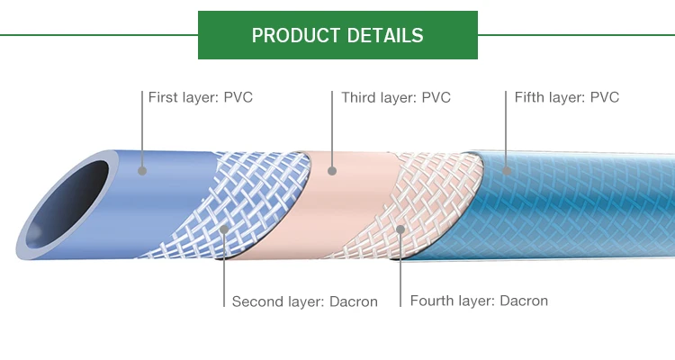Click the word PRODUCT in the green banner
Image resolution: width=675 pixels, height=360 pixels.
(292, 36)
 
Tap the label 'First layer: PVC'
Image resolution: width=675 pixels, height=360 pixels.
(200, 97)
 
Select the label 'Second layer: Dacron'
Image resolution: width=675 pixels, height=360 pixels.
(304, 301)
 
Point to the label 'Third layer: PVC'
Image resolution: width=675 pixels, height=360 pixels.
(396, 97)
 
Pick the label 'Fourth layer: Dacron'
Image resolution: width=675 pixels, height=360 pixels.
(479, 301)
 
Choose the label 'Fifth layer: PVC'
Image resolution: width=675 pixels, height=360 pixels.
(567, 97)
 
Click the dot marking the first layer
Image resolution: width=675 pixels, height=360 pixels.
(142, 169)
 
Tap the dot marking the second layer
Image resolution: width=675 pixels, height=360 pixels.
(224, 229)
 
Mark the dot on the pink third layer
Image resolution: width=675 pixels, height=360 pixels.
(331, 169)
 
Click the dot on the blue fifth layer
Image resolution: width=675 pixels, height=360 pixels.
(506, 169)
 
